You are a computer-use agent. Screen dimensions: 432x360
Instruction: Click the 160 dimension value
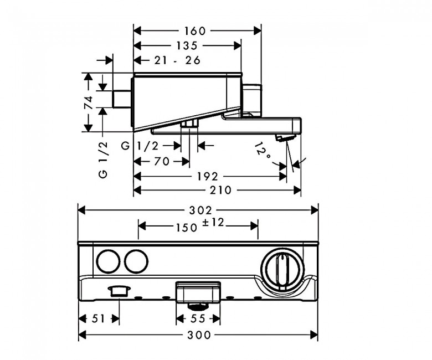195,31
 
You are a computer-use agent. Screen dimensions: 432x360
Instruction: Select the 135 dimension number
187,45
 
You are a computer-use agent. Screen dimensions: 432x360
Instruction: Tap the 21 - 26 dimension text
177,60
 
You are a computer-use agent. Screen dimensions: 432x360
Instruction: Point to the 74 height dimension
89,103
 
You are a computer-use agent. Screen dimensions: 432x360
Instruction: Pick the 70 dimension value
162,161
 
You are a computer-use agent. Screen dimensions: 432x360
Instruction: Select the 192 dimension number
208,176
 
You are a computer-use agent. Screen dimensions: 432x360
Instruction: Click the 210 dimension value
220,190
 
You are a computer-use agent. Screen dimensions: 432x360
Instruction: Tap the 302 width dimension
200,210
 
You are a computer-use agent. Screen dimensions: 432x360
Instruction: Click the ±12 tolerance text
213,223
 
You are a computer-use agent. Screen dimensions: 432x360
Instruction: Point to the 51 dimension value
99,319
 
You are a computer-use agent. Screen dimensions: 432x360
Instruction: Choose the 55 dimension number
198,319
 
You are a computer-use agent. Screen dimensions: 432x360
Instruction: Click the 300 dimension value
199,335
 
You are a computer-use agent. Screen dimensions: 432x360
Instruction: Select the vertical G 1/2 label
103,160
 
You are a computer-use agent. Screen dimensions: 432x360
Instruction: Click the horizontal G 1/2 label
140,146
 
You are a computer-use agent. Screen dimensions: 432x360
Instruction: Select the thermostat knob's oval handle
282,270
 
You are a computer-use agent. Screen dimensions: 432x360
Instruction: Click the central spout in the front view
198,293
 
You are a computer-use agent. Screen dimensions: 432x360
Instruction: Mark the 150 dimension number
187,228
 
